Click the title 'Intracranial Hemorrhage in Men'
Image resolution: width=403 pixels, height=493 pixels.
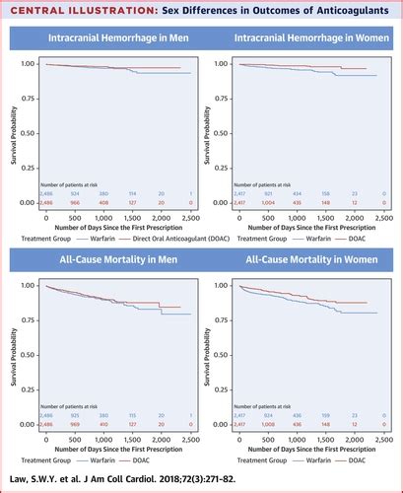point(107,40)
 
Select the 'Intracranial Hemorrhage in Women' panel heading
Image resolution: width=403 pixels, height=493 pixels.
point(300,40)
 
